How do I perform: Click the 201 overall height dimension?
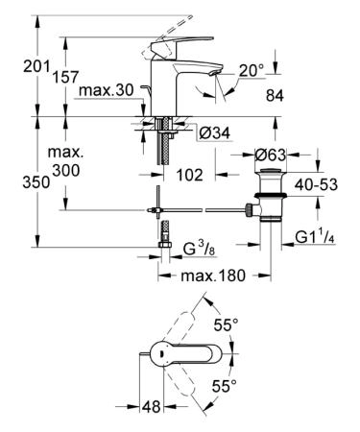click(36, 67)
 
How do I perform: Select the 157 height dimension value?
click(65, 77)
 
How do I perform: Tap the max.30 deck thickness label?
click(107, 90)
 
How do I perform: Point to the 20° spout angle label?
click(252, 70)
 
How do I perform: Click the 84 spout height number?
click(275, 96)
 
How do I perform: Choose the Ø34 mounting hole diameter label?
click(214, 132)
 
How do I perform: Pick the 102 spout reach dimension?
click(190, 175)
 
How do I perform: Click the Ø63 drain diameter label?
click(271, 156)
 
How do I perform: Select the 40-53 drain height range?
click(316, 184)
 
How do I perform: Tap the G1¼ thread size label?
click(315, 237)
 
